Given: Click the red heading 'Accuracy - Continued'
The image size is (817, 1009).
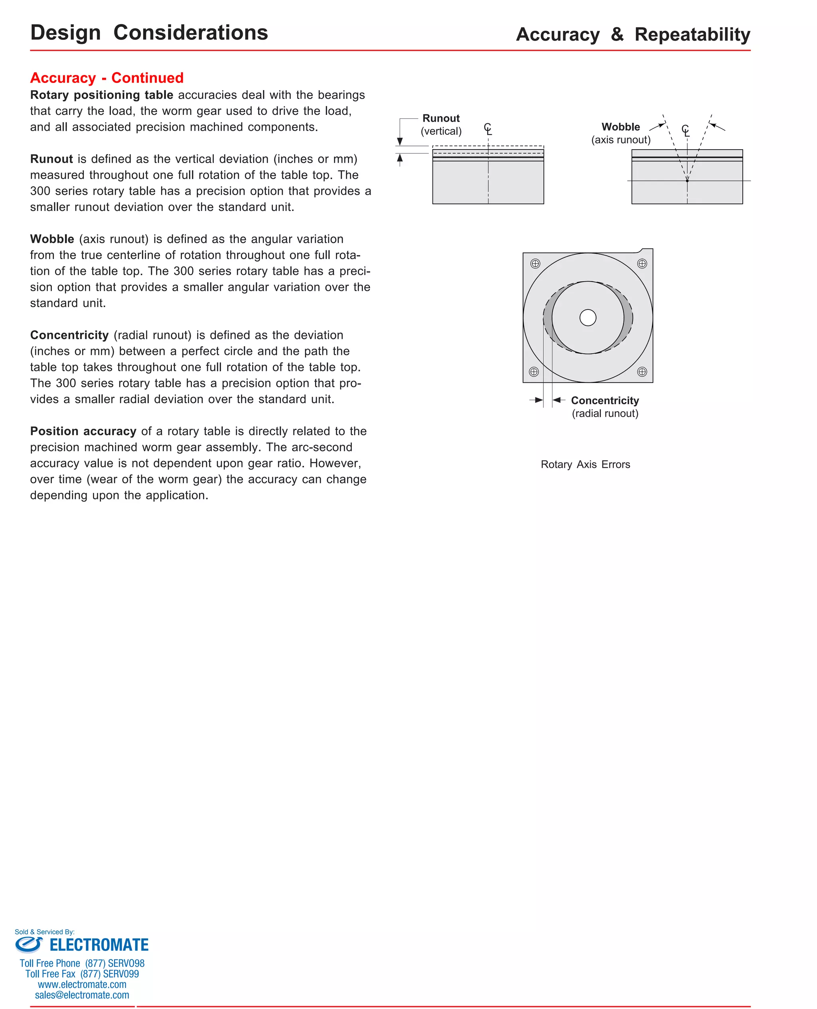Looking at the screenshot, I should pyautogui.click(x=107, y=78).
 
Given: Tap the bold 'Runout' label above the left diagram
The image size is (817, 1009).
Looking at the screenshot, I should pyautogui.click(x=440, y=118).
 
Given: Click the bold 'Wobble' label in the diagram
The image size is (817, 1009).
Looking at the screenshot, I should pyautogui.click(x=620, y=126).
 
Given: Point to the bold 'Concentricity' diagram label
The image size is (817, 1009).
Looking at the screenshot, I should pyautogui.click(x=605, y=400).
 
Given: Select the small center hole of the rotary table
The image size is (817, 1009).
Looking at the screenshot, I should pyautogui.click(x=587, y=317).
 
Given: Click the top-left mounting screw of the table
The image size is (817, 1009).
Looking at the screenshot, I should pyautogui.click(x=535, y=264).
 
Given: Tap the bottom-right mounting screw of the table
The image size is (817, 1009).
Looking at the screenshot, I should pyautogui.click(x=641, y=372).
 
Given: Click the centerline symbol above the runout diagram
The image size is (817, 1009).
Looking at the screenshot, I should pyautogui.click(x=488, y=129).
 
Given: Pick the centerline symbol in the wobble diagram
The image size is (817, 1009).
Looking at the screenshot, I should pyautogui.click(x=686, y=131).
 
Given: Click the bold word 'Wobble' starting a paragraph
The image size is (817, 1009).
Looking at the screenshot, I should pyautogui.click(x=52, y=239).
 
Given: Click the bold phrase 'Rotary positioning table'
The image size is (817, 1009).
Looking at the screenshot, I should pyautogui.click(x=102, y=95).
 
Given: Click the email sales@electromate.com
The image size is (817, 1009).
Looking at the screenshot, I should pyautogui.click(x=82, y=995).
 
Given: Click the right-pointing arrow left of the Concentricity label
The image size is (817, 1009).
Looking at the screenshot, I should pyautogui.click(x=537, y=400).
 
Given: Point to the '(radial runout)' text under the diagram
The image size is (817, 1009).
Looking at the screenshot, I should pyautogui.click(x=605, y=414).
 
